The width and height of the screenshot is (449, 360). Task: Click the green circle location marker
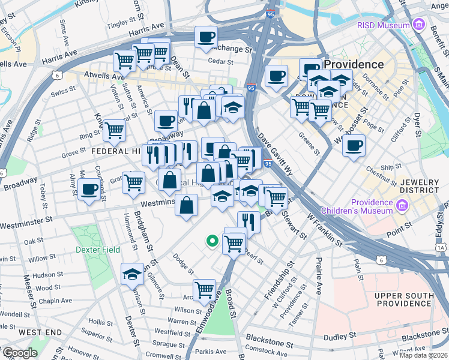point(211,241)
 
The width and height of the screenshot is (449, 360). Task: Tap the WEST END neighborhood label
point(40,332)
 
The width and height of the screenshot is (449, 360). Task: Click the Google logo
point(19,353)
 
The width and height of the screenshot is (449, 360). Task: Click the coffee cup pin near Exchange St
point(206,37)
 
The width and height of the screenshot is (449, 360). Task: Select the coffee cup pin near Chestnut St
point(354,145)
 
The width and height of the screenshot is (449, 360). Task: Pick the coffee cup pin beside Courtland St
point(89,189)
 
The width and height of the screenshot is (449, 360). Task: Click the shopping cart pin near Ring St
point(114,130)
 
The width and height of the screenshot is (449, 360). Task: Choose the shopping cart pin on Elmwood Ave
point(205,289)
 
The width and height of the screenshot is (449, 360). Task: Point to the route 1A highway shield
point(441,247)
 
